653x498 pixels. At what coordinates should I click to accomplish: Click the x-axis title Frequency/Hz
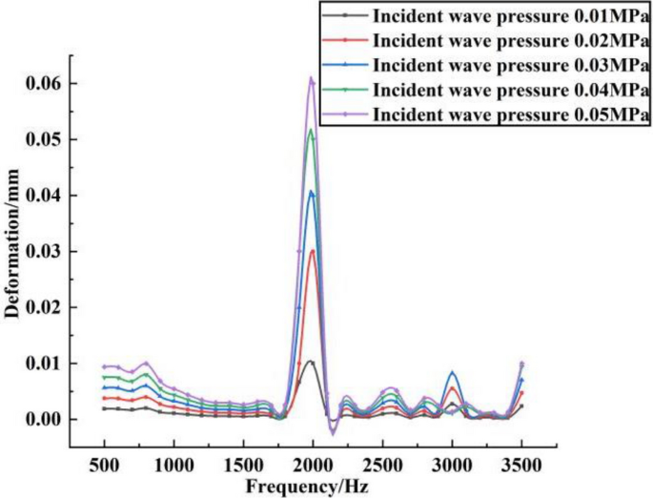[314, 485]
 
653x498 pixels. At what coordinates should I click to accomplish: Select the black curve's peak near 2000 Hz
[311, 362]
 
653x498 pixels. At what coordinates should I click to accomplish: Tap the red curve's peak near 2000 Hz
[312, 251]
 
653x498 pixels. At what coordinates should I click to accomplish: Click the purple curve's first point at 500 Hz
[104, 366]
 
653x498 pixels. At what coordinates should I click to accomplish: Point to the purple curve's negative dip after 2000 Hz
[333, 434]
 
